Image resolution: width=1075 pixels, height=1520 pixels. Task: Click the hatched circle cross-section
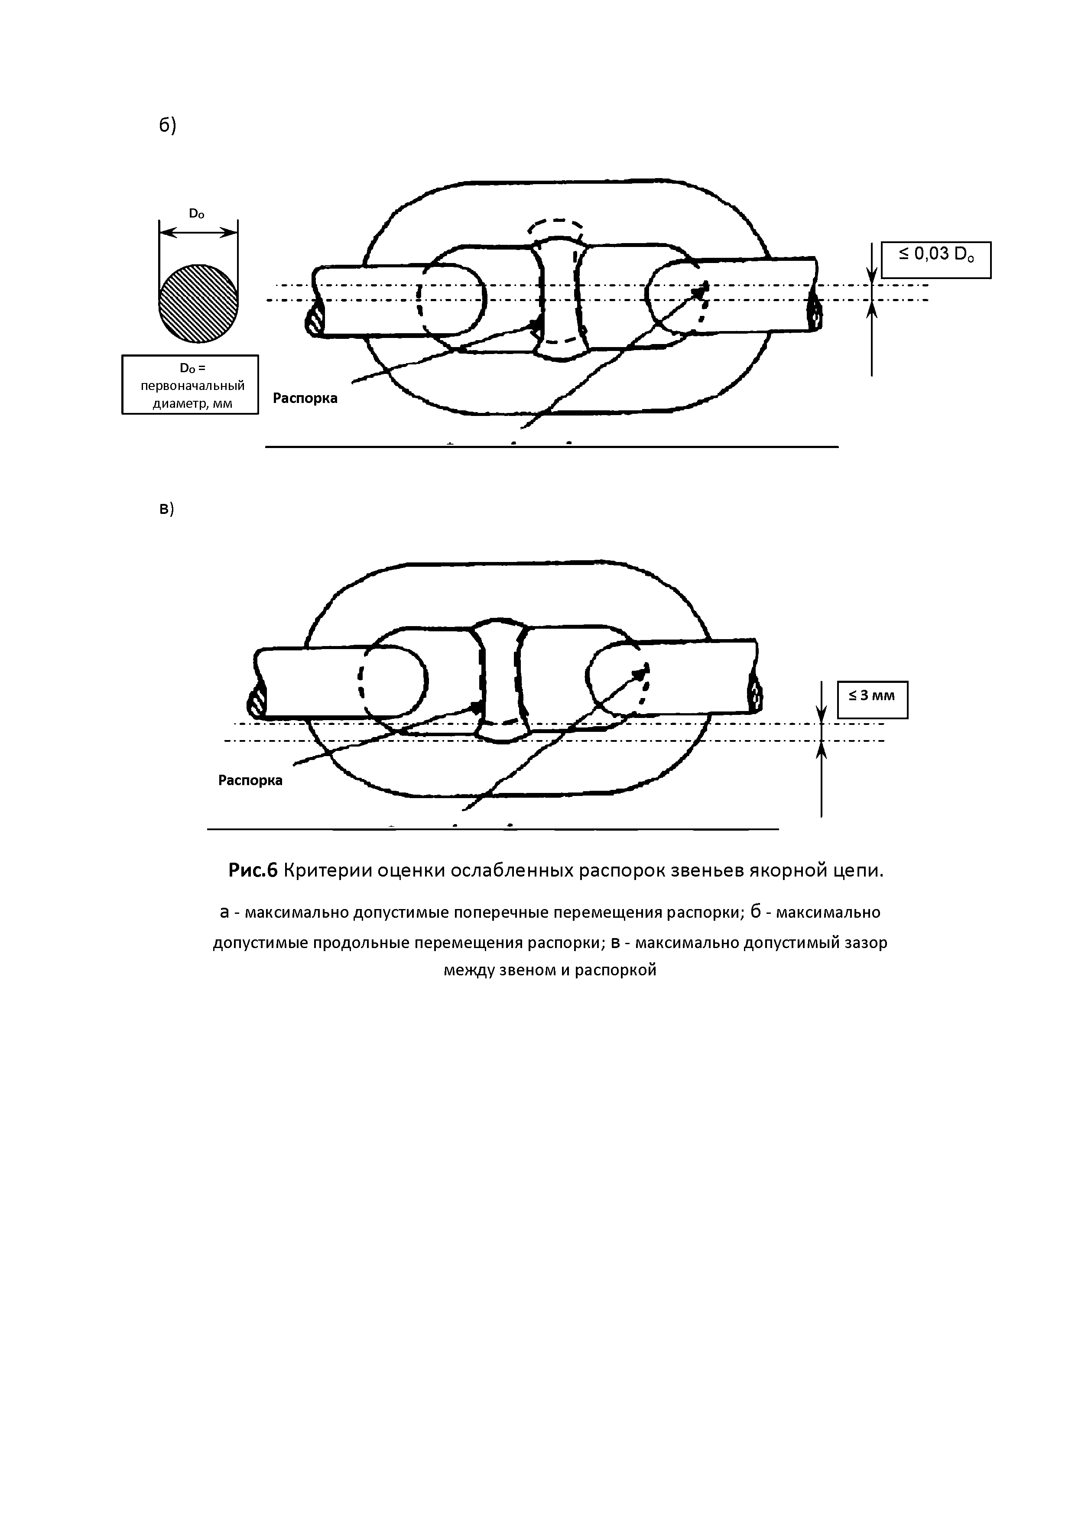[x=198, y=303]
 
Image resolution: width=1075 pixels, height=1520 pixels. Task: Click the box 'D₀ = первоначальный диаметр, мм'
[x=190, y=385]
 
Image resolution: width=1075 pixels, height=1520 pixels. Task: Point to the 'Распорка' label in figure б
[x=305, y=399]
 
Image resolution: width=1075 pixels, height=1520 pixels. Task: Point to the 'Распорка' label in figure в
[x=250, y=780]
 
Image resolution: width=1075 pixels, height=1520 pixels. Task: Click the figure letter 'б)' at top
[x=167, y=125]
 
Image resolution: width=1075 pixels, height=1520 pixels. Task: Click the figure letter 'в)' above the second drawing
[x=166, y=508]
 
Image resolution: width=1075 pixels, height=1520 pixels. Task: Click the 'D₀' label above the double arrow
[x=197, y=214]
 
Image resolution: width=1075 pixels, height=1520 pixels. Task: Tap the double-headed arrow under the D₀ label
[x=198, y=232]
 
